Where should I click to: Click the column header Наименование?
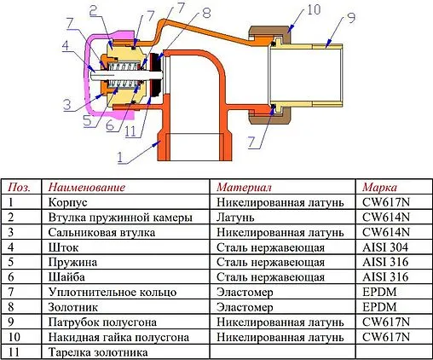87,187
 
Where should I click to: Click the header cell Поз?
18,187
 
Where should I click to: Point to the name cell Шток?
64,247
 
